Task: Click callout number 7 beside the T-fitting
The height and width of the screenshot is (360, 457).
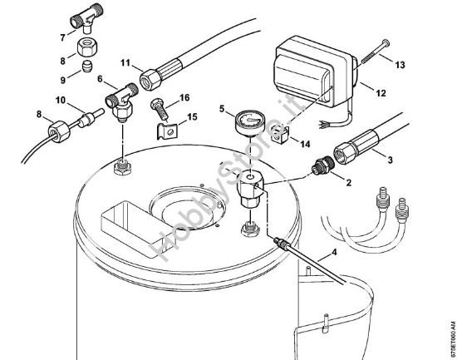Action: pos(62,38)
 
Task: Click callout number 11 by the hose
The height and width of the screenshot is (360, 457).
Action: pos(125,63)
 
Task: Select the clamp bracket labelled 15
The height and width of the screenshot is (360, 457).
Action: pos(170,126)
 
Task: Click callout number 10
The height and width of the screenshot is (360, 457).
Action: pos(60,101)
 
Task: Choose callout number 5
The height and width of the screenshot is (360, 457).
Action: pos(223,108)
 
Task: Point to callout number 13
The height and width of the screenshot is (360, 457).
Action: pos(400,65)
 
